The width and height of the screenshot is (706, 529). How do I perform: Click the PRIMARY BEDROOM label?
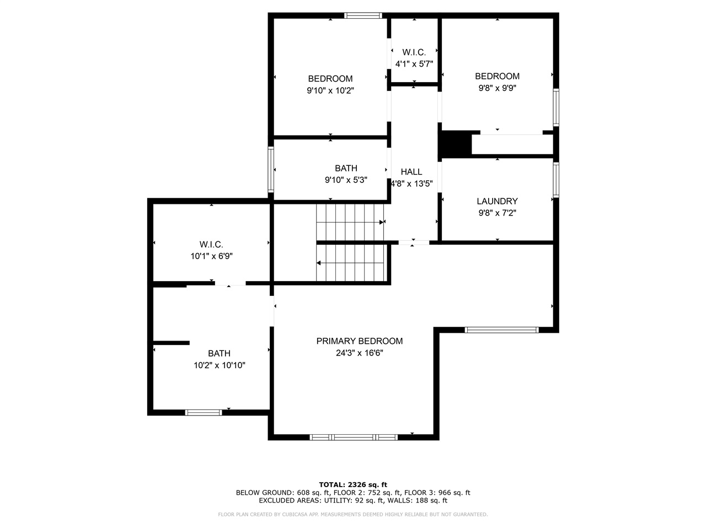tap(359, 341)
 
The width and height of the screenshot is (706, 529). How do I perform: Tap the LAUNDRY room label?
tap(497, 201)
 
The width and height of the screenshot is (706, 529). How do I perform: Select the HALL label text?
tap(411, 172)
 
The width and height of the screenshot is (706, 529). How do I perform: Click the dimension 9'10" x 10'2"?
tap(330, 90)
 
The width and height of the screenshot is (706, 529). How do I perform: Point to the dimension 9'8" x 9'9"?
tap(497, 88)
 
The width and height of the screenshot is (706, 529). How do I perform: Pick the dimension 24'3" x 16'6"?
tap(359, 353)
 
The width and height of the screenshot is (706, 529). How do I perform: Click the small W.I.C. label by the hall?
tap(414, 52)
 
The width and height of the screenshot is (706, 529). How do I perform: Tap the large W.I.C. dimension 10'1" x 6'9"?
tap(211, 256)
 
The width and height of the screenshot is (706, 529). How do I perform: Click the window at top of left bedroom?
tap(363, 15)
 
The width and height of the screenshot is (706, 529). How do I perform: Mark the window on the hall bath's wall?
tap(271, 169)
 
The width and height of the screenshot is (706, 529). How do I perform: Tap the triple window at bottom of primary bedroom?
tap(354, 438)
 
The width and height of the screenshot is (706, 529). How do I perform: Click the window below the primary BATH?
tap(204, 412)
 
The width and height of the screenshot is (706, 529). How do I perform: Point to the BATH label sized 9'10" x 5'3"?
tap(346, 168)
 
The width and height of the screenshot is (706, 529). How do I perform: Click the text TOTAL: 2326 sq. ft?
tap(353, 484)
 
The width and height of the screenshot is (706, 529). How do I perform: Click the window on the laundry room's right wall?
tap(556, 180)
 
